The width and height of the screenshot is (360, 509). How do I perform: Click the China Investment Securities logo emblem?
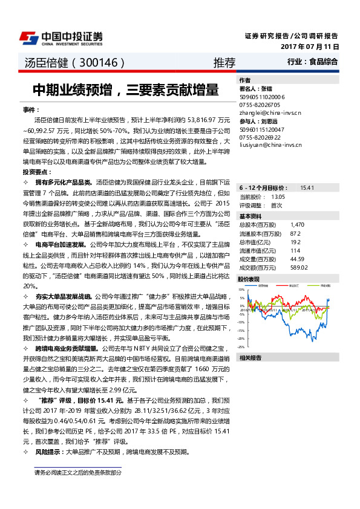pyautogui.click(x=27, y=37)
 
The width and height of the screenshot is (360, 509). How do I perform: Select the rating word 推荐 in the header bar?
pyautogui.click(x=224, y=62)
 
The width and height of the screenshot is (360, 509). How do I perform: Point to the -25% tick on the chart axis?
pyautogui.click(x=241, y=347)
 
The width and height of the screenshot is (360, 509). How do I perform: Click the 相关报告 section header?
pyautogui.click(x=250, y=358)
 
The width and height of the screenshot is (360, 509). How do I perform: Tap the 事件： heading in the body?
pyautogui.click(x=31, y=109)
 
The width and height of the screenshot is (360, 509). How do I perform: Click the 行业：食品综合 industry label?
pyautogui.click(x=313, y=62)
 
